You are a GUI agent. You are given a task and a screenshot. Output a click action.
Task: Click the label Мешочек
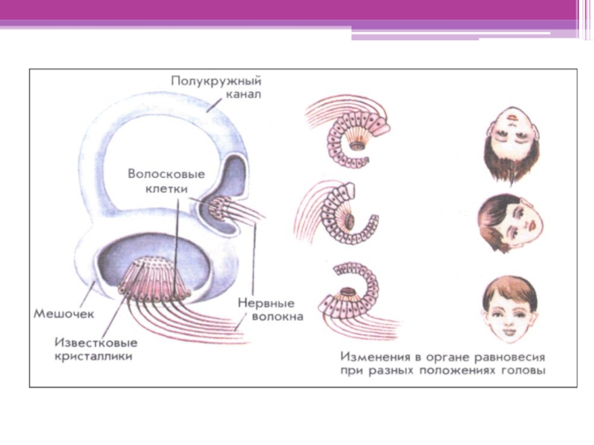click(x=62, y=313)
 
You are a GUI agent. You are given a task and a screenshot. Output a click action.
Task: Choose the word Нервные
click(x=265, y=303)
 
